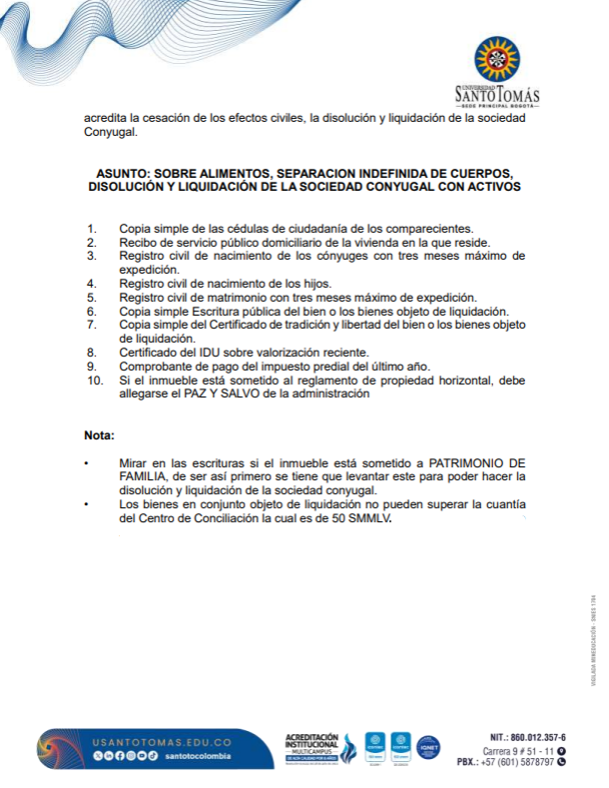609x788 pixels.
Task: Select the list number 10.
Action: (95, 381)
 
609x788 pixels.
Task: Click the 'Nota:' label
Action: (100, 435)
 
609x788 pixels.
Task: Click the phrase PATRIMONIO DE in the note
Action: (477, 464)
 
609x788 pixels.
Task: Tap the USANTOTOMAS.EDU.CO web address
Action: (162, 742)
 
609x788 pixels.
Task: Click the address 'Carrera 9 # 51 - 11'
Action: (519, 749)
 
